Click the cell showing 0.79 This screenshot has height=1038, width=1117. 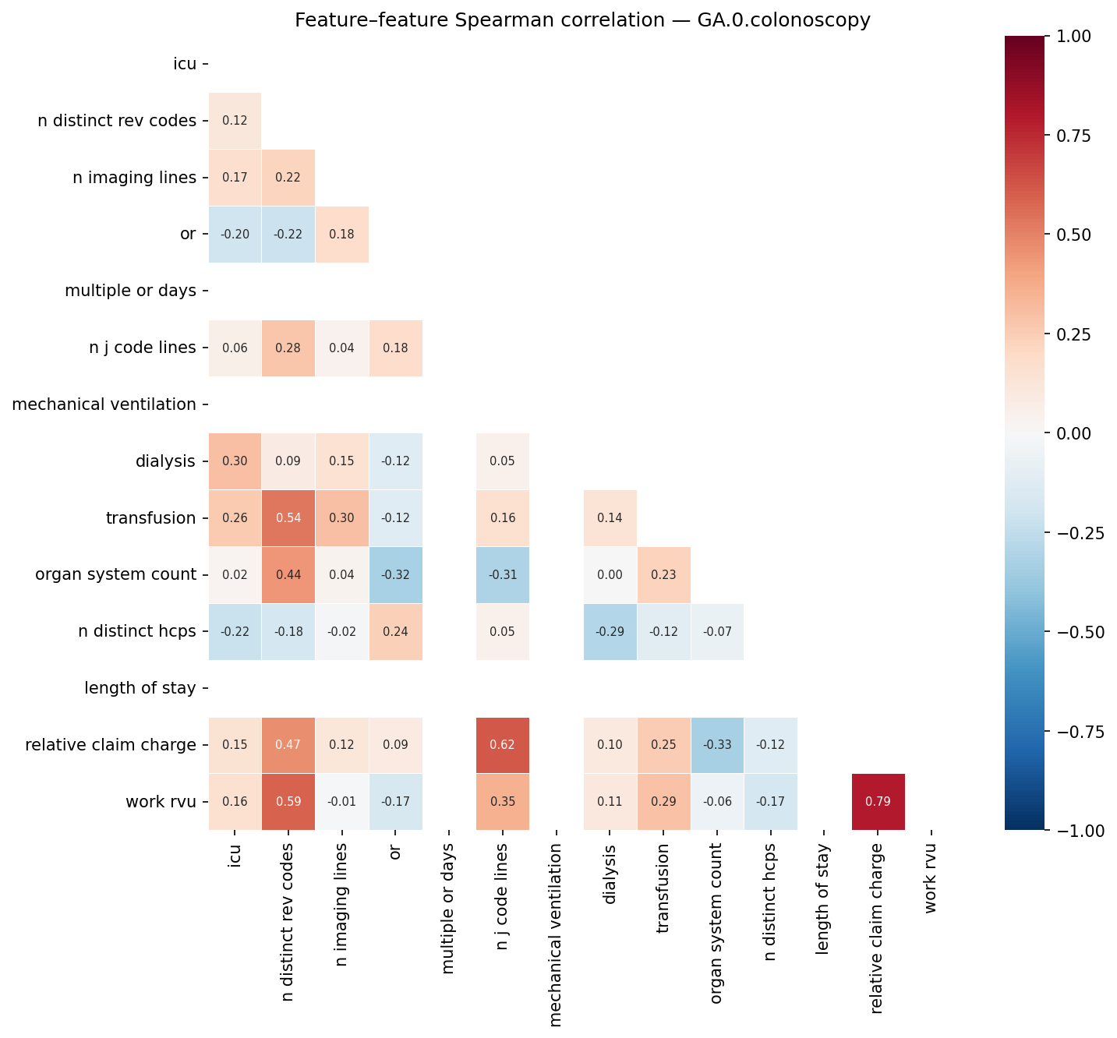[x=878, y=802]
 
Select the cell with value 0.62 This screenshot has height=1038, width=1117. [x=502, y=745]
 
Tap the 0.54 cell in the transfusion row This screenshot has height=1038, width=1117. [x=288, y=518]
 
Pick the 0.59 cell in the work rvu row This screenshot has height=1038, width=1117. [x=288, y=802]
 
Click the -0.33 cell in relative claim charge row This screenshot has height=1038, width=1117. [x=717, y=745]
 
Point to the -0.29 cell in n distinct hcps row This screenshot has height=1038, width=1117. [x=610, y=632]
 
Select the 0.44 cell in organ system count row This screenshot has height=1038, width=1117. [x=288, y=575]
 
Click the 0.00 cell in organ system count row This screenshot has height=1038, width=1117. [x=610, y=575]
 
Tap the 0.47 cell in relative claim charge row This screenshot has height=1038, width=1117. [x=288, y=745]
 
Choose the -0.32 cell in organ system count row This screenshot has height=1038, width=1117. [x=395, y=575]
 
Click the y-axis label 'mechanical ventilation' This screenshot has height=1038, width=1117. [x=104, y=404]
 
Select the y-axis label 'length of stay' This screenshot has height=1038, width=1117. [x=140, y=688]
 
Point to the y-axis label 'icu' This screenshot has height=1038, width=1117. [x=185, y=64]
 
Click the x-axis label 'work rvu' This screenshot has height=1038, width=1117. [x=931, y=879]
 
